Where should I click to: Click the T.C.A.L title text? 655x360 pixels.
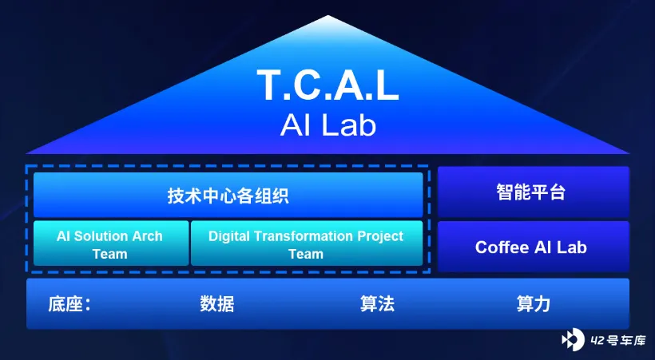pyautogui.click(x=328, y=85)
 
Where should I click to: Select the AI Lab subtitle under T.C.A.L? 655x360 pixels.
pyautogui.click(x=328, y=125)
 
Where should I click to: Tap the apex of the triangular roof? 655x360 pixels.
pyautogui.click(x=328, y=16)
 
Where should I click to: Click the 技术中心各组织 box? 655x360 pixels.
pyautogui.click(x=228, y=195)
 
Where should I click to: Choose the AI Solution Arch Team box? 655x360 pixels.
pyautogui.click(x=111, y=243)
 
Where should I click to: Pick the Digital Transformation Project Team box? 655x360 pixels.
pyautogui.click(x=307, y=243)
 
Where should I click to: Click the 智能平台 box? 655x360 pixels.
pyautogui.click(x=533, y=192)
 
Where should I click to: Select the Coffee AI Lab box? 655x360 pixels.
pyautogui.click(x=533, y=247)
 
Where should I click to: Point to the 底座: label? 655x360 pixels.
pyautogui.click(x=69, y=304)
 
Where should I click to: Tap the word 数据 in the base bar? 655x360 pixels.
pyautogui.click(x=216, y=304)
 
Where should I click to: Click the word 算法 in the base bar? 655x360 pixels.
pyautogui.click(x=377, y=304)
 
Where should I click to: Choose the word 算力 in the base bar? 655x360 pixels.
pyautogui.click(x=534, y=304)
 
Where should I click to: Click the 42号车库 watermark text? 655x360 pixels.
pyautogui.click(x=618, y=340)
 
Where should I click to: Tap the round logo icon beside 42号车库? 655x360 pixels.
pyautogui.click(x=573, y=339)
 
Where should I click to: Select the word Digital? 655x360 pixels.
pyautogui.click(x=229, y=236)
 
